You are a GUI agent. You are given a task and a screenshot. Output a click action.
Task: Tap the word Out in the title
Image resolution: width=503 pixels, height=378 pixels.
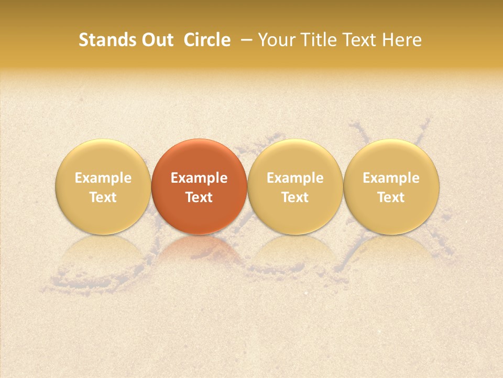156,40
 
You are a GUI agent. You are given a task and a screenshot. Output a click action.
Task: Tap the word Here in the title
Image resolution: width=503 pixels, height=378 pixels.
402,40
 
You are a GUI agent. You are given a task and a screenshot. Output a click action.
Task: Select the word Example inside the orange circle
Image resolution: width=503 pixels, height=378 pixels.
199,178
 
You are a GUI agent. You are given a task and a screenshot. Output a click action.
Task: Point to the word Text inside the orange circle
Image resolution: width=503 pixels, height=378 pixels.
199,197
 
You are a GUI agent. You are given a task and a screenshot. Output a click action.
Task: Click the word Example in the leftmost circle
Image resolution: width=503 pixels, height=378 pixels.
103,178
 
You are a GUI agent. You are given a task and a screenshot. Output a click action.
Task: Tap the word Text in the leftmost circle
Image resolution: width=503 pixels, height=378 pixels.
103,197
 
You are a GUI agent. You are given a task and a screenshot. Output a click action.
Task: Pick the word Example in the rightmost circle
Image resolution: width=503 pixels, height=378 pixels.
391,178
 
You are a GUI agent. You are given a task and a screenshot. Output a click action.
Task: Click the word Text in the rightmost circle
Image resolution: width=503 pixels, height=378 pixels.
391,197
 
